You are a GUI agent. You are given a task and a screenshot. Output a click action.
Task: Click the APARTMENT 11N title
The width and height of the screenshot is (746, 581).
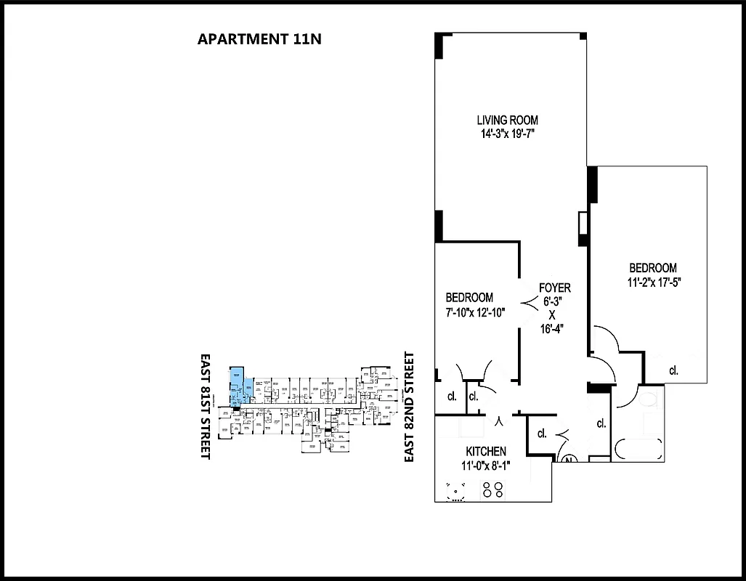pos(259,39)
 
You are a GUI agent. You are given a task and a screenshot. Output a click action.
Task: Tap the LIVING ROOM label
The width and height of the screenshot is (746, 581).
pos(508,120)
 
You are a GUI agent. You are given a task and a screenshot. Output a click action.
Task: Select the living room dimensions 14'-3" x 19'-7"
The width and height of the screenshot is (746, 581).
pos(508,134)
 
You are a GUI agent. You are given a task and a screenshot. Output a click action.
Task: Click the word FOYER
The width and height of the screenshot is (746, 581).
pos(554,288)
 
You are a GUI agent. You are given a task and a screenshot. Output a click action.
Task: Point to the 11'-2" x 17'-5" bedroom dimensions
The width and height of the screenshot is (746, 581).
pos(653,282)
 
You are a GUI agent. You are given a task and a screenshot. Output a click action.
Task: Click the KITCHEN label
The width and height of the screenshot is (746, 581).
pos(486,452)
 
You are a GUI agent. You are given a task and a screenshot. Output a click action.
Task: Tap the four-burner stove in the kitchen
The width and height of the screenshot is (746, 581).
pos(492,491)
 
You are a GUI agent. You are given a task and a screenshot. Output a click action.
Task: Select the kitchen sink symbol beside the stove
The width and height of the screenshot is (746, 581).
pos(456,492)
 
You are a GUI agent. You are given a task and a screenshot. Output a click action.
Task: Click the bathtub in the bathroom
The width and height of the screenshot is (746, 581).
pos(637,448)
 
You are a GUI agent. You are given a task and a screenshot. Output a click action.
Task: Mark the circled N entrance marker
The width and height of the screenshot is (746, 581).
pos(569,459)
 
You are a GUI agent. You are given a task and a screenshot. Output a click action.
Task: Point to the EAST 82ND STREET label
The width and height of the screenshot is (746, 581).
pos(409,407)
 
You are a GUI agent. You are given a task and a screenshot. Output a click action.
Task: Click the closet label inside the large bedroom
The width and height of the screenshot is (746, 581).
pos(673,370)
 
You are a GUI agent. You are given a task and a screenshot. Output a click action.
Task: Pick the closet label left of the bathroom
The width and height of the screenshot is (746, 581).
pos(601,423)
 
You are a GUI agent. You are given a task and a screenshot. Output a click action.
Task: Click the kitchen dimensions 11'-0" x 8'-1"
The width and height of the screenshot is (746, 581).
pos(486,466)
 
